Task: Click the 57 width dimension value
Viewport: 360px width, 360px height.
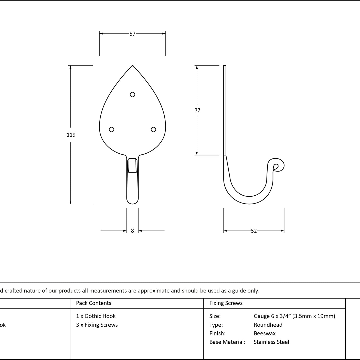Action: click(132, 34)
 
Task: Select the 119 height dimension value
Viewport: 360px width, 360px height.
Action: click(71, 135)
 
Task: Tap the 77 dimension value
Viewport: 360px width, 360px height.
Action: click(197, 110)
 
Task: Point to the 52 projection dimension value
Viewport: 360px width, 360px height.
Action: click(254, 231)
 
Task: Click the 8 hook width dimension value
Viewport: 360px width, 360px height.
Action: click(132, 231)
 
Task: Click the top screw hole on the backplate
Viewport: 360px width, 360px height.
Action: click(132, 94)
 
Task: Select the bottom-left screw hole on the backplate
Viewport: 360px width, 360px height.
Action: click(112, 130)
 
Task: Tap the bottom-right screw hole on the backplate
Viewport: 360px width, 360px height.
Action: click(153, 130)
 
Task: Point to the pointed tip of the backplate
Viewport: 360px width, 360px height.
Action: click(132, 65)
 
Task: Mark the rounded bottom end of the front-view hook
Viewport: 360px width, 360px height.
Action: click(132, 202)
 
